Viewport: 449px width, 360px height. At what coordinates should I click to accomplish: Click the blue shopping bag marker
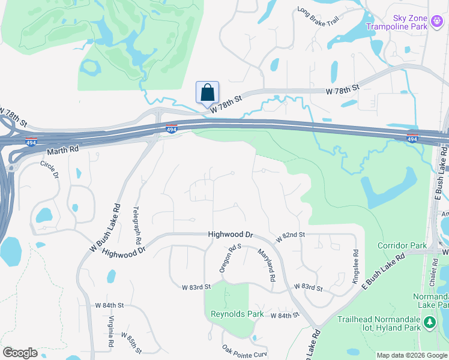pyautogui.click(x=207, y=92)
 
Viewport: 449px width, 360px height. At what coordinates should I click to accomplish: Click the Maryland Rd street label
pyautogui.click(x=267, y=265)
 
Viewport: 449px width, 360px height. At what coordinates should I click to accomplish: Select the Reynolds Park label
pyautogui.click(x=237, y=314)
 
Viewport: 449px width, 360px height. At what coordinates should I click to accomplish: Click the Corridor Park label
pyautogui.click(x=402, y=245)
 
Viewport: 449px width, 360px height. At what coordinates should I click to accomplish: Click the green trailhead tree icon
pyautogui.click(x=429, y=323)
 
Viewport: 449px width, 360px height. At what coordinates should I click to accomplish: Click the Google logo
pyautogui.click(x=20, y=353)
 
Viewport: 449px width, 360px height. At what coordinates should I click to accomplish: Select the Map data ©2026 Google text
pyautogui.click(x=411, y=355)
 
